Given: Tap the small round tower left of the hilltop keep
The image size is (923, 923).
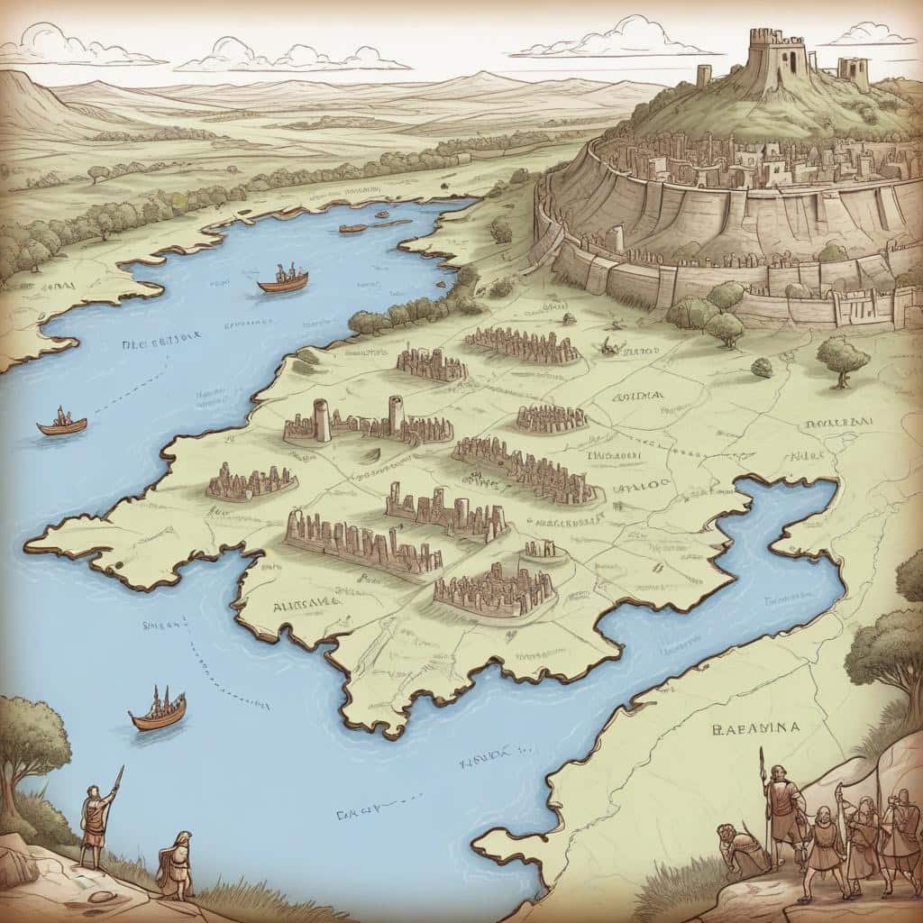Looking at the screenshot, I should (x=704, y=75).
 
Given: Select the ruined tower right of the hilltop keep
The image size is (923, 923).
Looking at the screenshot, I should (x=852, y=72).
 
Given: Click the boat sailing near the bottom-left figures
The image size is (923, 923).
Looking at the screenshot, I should (x=159, y=709).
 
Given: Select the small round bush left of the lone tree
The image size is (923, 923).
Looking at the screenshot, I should (x=762, y=367).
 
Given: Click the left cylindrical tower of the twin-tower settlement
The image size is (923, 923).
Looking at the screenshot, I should (x=322, y=419).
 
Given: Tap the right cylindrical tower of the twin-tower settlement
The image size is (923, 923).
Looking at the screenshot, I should (x=396, y=415).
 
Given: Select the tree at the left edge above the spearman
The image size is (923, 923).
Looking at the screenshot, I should (x=32, y=739).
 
